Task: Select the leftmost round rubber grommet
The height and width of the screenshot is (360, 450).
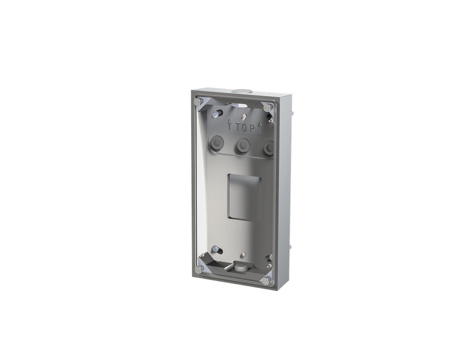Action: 216,142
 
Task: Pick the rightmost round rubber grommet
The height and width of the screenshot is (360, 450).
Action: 269,148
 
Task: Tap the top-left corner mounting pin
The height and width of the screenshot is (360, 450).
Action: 197,102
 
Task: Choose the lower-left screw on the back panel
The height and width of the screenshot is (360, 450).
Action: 215,250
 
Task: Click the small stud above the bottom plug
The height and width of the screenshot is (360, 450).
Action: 243,254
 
